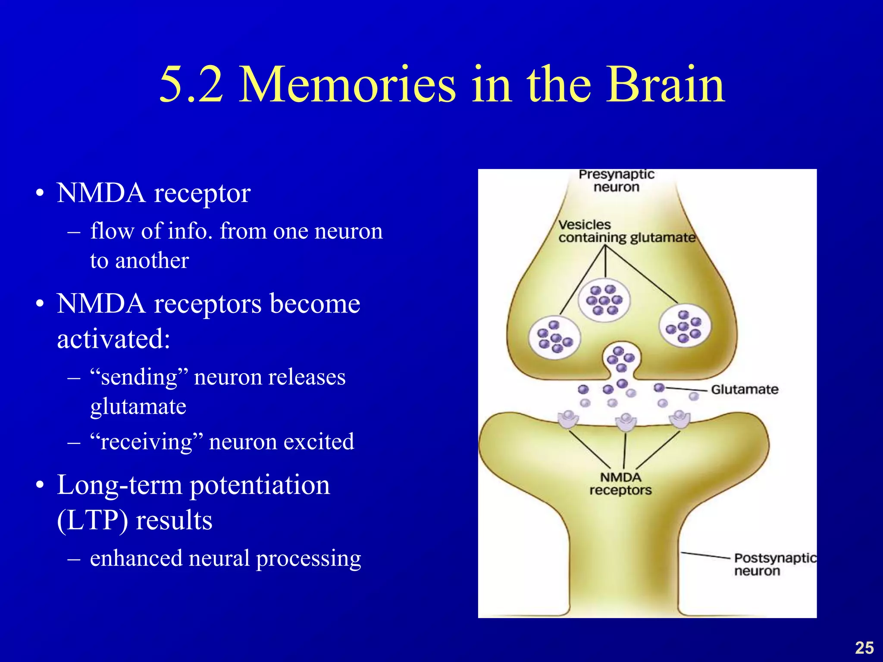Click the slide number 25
864,648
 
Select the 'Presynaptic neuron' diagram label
616,181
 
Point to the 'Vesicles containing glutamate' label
626,231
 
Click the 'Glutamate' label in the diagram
745,390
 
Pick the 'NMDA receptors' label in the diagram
620,484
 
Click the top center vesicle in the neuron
604,300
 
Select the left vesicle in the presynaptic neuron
554,337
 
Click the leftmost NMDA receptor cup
568,420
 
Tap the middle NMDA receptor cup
626,422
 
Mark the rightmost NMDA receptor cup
679,419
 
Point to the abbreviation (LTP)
92,520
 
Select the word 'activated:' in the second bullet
114,339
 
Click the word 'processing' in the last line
308,559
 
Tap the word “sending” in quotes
139,378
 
